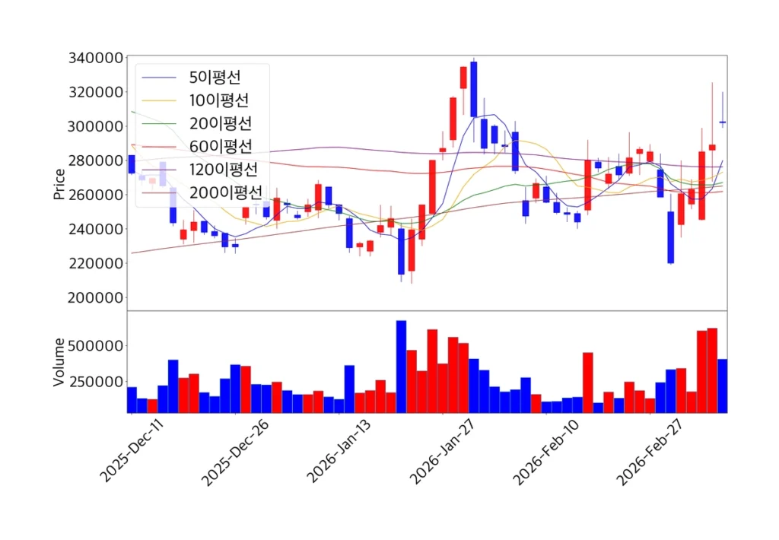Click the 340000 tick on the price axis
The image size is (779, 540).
(x=96, y=59)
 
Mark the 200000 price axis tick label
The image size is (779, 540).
(x=96, y=297)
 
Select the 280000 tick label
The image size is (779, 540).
(x=96, y=160)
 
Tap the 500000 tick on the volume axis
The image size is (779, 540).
(x=96, y=346)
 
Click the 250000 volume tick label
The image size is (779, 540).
(x=96, y=382)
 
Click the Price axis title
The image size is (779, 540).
(x=59, y=183)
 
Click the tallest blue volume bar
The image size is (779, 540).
(x=401, y=367)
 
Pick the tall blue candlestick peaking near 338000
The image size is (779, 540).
(x=474, y=89)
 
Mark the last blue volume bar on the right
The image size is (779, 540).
(x=723, y=386)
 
